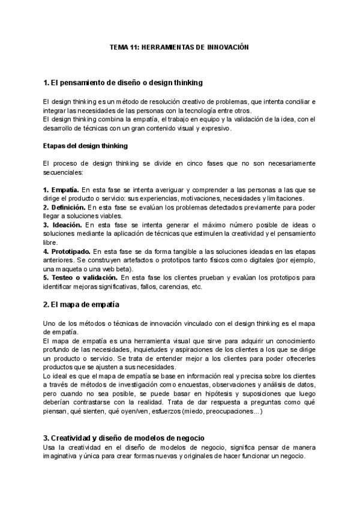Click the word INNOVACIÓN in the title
click(227, 46)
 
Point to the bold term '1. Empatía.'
click(61, 190)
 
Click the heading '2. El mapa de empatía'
click(82, 305)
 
